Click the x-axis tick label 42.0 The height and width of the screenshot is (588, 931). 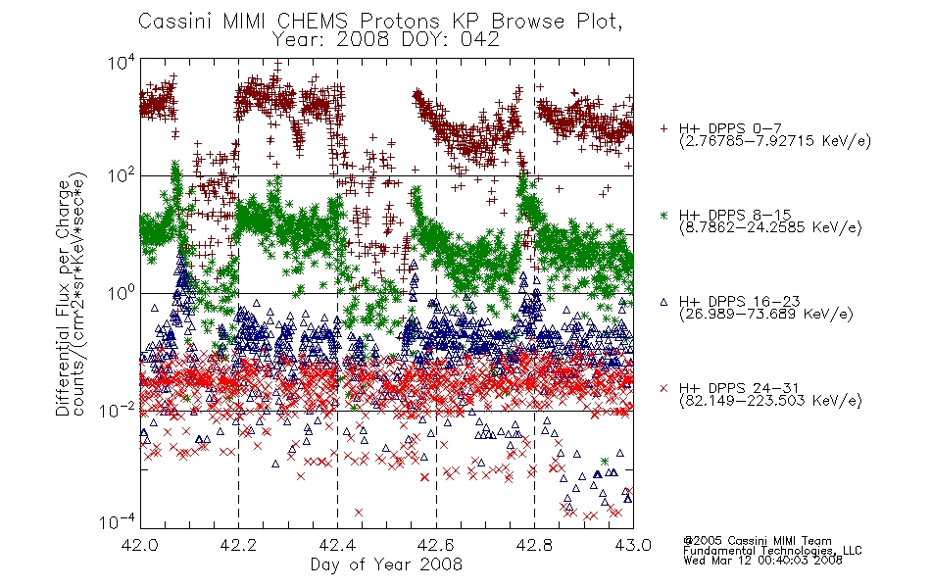tap(139, 545)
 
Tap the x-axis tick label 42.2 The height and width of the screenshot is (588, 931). tap(238, 545)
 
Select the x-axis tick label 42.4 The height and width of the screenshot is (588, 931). tap(337, 545)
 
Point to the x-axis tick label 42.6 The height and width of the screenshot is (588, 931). tap(436, 545)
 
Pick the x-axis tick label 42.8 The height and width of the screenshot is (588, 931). tap(534, 545)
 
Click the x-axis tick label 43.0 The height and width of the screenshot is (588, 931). tap(633, 545)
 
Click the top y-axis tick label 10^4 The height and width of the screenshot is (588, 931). tap(121, 63)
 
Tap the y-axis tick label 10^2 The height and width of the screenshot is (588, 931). tap(121, 175)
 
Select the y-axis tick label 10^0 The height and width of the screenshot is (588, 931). tap(121, 293)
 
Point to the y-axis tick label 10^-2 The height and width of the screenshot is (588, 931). tap(117, 410)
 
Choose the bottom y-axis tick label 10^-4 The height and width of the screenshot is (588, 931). tap(117, 521)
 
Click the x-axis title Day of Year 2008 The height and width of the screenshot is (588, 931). tap(386, 564)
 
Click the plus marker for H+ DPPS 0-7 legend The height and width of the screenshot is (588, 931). tap(663, 128)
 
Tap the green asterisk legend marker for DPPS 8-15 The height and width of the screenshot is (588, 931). tap(663, 215)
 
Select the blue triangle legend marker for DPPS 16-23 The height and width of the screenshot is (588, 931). tap(663, 302)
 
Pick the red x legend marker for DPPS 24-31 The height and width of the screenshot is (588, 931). tap(663, 388)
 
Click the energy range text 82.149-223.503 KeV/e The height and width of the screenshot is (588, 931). tap(770, 401)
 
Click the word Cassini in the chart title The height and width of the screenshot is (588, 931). tap(175, 22)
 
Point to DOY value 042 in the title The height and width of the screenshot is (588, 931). tap(480, 39)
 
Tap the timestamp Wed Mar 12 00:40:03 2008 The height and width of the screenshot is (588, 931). tap(762, 561)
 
